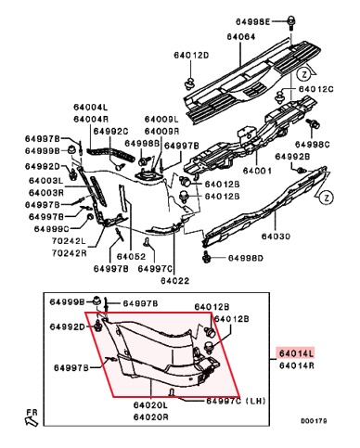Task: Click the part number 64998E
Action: [x=252, y=21]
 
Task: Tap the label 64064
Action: [x=241, y=37]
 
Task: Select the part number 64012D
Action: [x=191, y=56]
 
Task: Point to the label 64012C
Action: [x=315, y=89]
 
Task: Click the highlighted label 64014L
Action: [x=297, y=353]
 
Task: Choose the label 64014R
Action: [x=297, y=365]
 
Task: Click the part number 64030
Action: [x=276, y=237]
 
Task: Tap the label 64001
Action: [x=257, y=171]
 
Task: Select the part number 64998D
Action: [x=246, y=258]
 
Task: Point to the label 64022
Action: [x=174, y=281]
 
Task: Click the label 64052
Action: [x=131, y=257]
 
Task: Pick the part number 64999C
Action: [x=51, y=229]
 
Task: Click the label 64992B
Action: [x=292, y=157]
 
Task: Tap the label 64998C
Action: [x=312, y=145]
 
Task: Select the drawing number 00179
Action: [x=314, y=421]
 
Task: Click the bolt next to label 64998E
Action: [x=290, y=23]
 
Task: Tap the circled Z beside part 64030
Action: [x=327, y=198]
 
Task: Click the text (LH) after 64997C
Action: [x=255, y=401]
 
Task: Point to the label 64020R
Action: [x=151, y=417]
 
